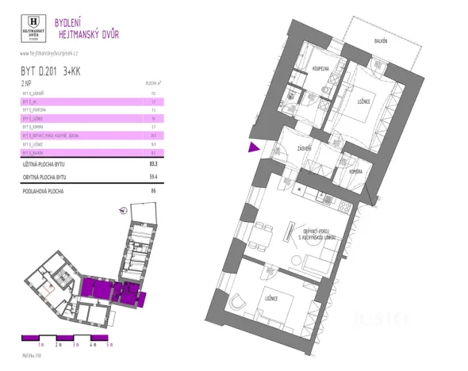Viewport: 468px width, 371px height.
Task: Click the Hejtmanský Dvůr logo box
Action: [x=34, y=29]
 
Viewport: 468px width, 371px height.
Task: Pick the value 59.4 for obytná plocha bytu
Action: [x=152, y=178]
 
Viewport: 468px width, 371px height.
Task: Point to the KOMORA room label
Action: [x=355, y=170]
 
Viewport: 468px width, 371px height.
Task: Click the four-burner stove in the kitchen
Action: [x=344, y=208]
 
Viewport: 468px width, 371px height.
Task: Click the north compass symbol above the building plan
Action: [x=122, y=211]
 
